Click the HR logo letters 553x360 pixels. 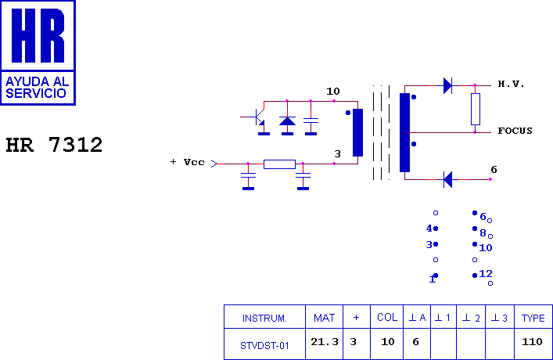pos(38,36)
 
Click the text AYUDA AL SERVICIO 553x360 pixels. pos(37,87)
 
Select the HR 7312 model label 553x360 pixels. pos(54,145)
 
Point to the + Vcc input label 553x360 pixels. pos(188,162)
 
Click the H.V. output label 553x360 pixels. pos(511,84)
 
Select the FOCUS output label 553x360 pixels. pos(515,131)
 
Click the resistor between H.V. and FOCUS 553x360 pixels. pos(475,109)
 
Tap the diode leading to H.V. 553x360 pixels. pos(447,85)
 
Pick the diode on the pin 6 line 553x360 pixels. pos(447,179)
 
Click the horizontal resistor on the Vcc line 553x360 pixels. pos(279,164)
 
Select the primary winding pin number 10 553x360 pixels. pos(333,92)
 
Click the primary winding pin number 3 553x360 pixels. pos(337,154)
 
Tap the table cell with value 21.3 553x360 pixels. pos(324,342)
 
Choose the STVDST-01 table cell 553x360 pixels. pos(264,344)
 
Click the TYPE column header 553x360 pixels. pos(533,318)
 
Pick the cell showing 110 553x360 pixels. pos(533,342)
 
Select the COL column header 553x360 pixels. pos(387,318)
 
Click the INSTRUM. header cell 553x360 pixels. pos(264,318)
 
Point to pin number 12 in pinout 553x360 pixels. pos(486,274)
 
